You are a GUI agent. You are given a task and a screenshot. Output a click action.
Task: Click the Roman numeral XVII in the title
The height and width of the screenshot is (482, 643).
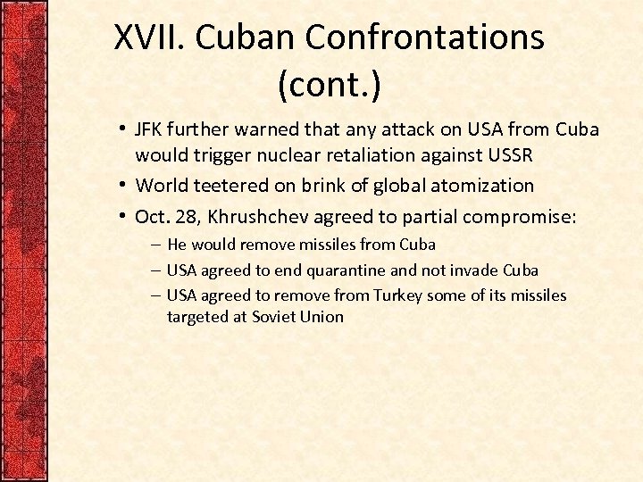click(150, 37)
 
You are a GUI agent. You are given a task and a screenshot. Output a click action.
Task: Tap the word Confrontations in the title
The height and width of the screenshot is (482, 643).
click(424, 37)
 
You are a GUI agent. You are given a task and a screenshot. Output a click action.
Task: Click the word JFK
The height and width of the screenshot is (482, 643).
click(151, 129)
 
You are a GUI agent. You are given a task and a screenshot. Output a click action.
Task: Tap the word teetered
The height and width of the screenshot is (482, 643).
click(220, 186)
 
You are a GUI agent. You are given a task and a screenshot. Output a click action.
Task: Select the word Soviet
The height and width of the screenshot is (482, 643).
click(274, 317)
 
